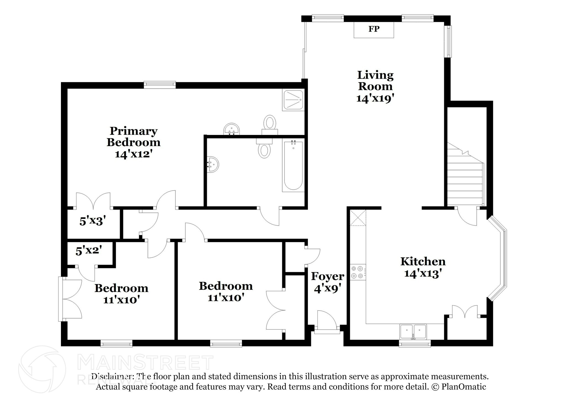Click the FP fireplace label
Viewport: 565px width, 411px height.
[x=374, y=29]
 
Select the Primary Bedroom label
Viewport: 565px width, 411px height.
[x=134, y=137]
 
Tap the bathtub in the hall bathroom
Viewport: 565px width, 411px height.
[x=293, y=166]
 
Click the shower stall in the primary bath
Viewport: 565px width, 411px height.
[x=293, y=100]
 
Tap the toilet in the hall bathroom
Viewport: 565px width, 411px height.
[x=264, y=149]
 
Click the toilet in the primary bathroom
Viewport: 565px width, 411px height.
[x=270, y=123]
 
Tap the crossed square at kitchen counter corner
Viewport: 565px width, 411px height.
[x=358, y=218]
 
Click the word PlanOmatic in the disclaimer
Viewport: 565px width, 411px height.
[x=463, y=387]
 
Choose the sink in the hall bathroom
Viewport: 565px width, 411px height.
[x=213, y=165]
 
